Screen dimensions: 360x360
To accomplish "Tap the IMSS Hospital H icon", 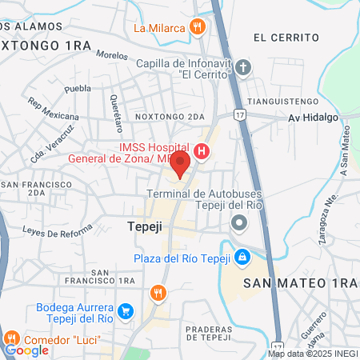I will [x=202, y=150].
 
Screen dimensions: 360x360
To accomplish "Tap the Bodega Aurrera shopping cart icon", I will [x=125, y=310].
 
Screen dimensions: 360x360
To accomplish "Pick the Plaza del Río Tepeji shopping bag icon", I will [x=242, y=257].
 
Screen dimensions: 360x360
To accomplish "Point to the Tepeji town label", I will [x=145, y=227].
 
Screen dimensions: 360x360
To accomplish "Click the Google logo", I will [x=26, y=350].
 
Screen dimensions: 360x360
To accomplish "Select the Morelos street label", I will [x=111, y=55].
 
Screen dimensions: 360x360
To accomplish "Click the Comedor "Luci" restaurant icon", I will [x=12, y=338].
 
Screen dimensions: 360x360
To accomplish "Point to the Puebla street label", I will [x=77, y=88].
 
